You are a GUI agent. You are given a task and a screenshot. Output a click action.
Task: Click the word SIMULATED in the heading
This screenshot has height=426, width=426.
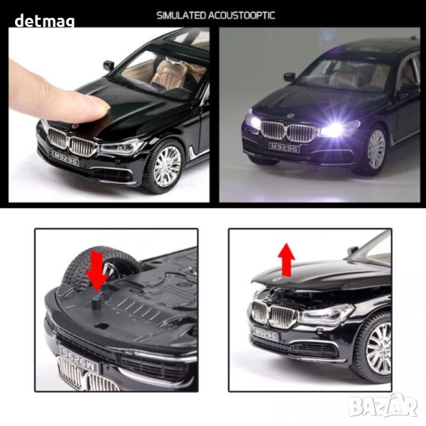182,16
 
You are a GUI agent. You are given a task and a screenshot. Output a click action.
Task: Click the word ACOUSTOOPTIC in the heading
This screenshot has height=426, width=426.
242,16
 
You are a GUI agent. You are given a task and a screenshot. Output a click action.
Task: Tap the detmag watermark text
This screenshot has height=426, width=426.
45,21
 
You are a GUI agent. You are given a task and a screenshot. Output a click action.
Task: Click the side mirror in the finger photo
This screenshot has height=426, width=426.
109,65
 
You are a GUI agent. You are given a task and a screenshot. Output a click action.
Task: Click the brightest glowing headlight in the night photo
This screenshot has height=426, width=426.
335,127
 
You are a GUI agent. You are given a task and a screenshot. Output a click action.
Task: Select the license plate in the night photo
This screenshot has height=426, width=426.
285,148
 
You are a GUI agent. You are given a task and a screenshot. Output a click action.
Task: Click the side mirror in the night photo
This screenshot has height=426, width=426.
290,77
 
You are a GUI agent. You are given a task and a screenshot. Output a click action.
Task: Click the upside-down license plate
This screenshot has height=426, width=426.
79,359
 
